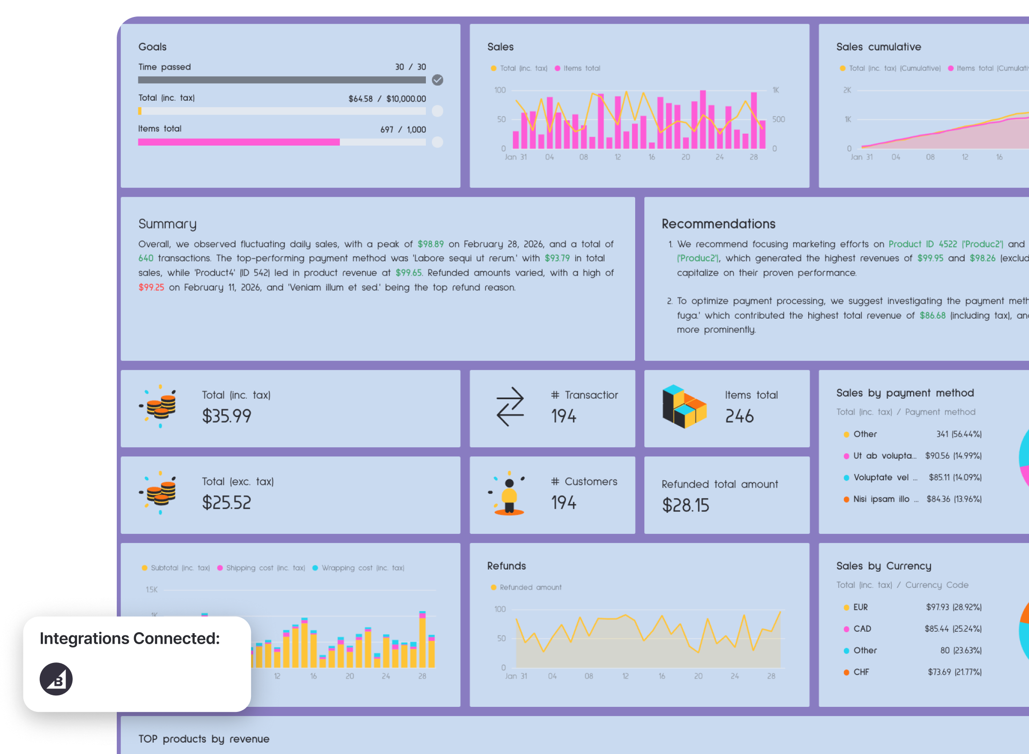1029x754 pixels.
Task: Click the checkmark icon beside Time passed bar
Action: pos(437,80)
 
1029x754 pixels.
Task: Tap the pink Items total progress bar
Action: pos(238,142)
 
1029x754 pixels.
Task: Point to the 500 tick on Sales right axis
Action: pos(778,119)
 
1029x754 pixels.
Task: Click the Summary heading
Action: pos(167,224)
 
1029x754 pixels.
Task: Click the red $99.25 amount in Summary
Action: pos(151,287)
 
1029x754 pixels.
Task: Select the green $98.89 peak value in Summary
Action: pos(430,244)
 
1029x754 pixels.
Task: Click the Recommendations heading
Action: pos(718,224)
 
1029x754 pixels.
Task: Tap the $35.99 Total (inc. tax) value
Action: pos(226,416)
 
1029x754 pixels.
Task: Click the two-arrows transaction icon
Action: pos(510,407)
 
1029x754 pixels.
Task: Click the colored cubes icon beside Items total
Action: pos(684,407)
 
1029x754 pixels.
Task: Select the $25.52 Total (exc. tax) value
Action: pos(226,503)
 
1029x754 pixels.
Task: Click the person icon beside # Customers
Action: pos(509,494)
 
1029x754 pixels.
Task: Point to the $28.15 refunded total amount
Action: pos(685,505)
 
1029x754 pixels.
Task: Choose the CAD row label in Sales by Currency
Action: pos(862,629)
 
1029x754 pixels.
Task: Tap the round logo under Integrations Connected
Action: pos(56,679)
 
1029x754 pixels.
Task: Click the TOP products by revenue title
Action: pos(204,739)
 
